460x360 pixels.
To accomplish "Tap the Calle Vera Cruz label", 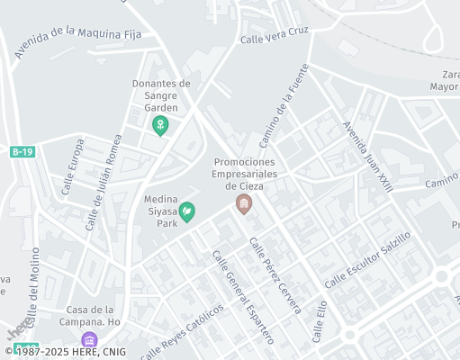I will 275,34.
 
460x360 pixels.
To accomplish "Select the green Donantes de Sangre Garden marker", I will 161,125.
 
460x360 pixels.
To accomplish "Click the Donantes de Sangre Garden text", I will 160,94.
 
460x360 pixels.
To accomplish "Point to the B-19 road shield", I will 23,153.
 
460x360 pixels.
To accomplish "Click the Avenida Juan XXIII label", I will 367,157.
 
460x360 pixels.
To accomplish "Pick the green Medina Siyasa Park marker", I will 187,211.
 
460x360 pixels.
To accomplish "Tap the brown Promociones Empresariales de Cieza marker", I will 243,204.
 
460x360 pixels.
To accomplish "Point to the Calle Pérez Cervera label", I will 275,274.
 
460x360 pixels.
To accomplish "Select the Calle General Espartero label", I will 242,296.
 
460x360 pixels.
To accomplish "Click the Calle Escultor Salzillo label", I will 367,259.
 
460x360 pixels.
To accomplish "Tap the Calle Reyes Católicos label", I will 182,329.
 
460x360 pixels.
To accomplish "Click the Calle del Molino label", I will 33,285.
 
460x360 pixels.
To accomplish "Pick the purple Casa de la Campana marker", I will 89,340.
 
